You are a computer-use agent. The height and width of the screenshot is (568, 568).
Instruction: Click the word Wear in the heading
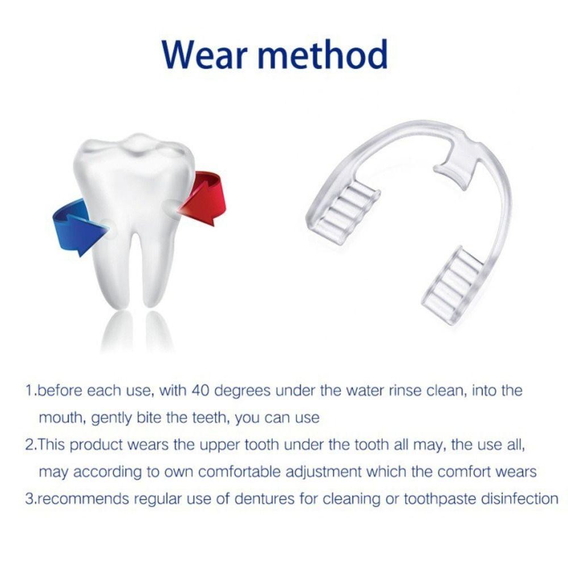coord(212,55)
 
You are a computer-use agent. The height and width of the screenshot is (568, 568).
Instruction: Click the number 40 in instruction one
coord(202,391)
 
